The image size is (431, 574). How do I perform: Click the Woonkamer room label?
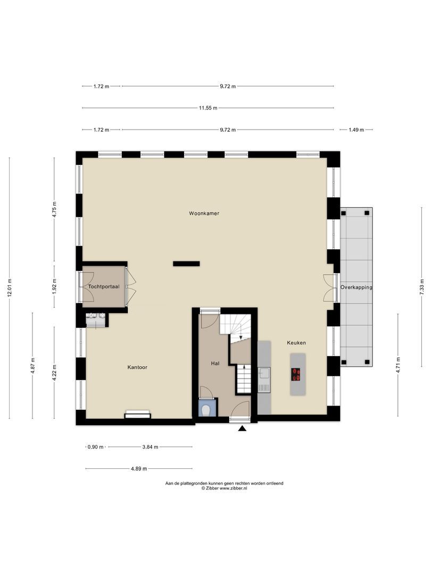[x=204, y=213]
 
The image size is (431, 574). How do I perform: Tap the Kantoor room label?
[x=137, y=367]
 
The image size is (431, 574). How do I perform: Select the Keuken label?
[x=296, y=343]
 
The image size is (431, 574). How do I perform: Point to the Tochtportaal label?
[x=104, y=286]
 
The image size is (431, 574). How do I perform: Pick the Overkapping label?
[x=356, y=287]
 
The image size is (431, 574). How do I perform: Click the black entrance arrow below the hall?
[x=242, y=428]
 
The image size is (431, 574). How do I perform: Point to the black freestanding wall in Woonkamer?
[x=186, y=263]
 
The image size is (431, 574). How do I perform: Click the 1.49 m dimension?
[x=356, y=130]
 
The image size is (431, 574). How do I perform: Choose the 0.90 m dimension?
[x=96, y=448]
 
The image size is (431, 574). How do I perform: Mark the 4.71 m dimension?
[x=398, y=366]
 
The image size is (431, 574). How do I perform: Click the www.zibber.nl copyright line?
[x=223, y=488]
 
